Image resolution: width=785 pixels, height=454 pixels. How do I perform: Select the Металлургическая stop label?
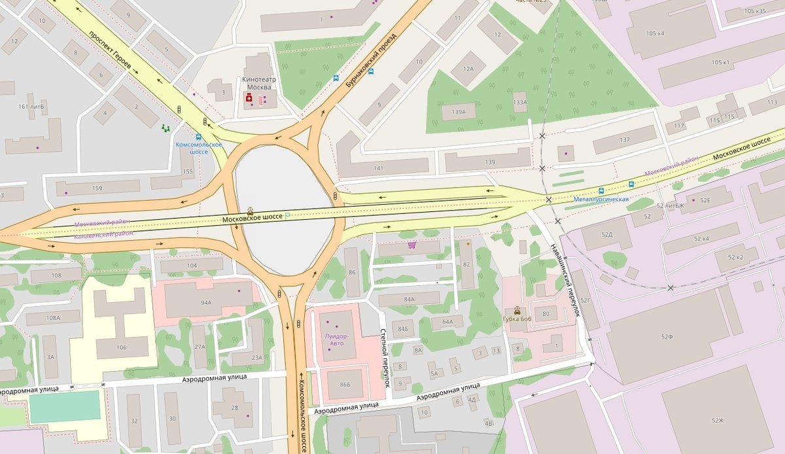click(x=601, y=199)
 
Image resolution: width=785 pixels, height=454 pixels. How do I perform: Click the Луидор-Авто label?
click(x=337, y=340)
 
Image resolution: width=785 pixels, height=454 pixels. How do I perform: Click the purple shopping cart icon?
click(x=411, y=245)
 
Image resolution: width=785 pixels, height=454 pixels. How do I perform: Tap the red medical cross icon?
click(x=249, y=98)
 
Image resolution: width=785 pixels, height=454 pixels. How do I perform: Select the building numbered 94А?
click(x=206, y=303)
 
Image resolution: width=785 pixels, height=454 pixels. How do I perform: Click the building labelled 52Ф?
click(x=667, y=337)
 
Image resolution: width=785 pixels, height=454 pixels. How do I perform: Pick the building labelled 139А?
click(x=459, y=113)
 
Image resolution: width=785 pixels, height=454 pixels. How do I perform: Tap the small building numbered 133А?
click(x=520, y=102)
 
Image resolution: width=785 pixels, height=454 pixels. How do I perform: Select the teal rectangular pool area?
click(x=65, y=406)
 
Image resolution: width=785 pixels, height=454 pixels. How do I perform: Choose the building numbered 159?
click(x=97, y=188)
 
